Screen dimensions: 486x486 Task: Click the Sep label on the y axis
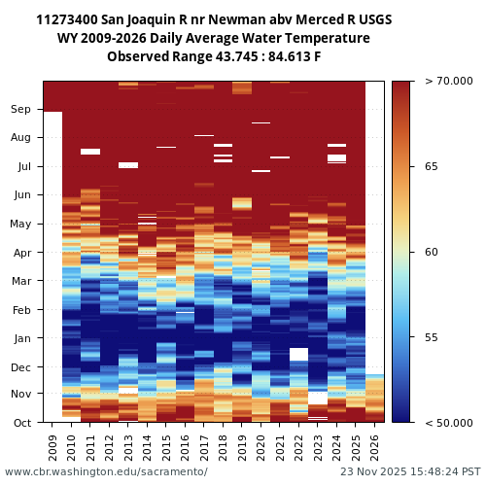click(x=21, y=110)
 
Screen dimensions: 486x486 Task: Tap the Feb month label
click(x=21, y=310)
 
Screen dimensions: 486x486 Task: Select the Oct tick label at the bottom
click(x=21, y=422)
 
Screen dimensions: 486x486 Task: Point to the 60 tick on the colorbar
click(x=432, y=252)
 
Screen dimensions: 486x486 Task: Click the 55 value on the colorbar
click(x=432, y=337)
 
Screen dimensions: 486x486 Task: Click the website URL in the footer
click(x=106, y=471)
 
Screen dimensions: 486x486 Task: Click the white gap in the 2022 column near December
click(x=299, y=354)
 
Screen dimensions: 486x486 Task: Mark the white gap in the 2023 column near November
click(x=318, y=398)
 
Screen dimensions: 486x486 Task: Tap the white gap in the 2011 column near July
click(x=90, y=152)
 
